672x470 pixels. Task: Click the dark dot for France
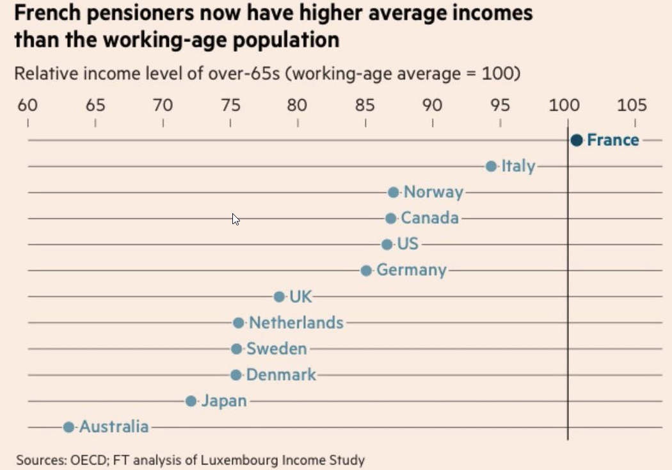coord(576,140)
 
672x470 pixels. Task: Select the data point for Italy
coord(491,166)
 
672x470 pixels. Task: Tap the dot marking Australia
coord(68,427)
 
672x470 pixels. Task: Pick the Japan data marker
coord(191,401)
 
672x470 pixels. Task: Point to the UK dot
coord(279,296)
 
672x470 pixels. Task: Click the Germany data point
coord(366,271)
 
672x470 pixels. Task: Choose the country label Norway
coord(433,192)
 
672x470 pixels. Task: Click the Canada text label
coord(429,218)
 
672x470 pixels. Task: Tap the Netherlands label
coord(296,323)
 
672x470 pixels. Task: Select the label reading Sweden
coord(276,349)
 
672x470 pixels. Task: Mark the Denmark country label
coord(281,375)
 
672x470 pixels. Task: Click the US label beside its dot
coord(408,245)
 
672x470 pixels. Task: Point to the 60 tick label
coord(28,105)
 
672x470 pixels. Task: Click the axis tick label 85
coord(365,105)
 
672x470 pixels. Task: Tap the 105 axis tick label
coord(632,105)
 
